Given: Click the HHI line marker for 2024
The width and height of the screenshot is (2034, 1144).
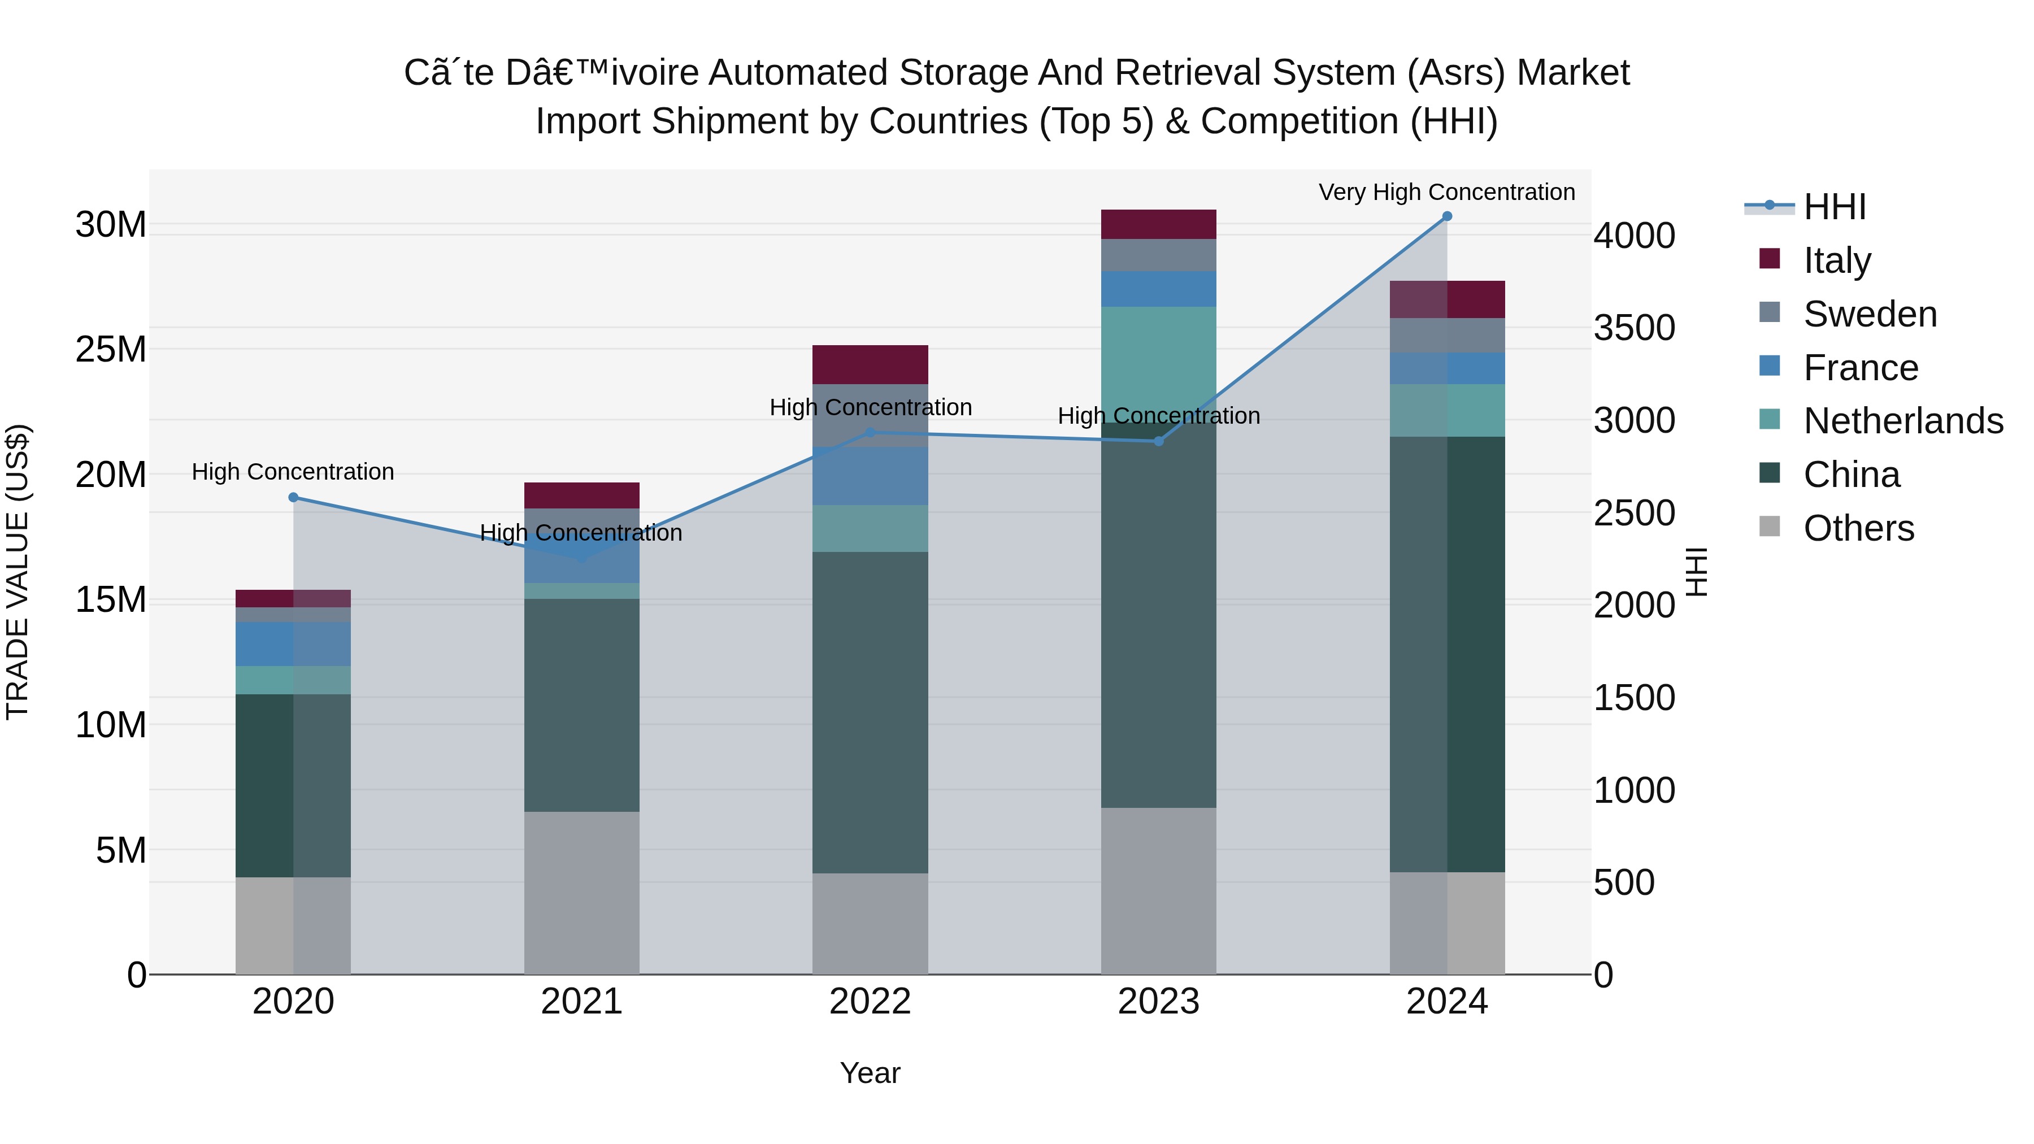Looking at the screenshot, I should coord(1446,216).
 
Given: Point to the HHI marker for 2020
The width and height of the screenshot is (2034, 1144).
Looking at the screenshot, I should coord(293,497).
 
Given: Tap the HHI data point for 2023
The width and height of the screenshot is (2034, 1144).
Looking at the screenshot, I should coord(1158,441).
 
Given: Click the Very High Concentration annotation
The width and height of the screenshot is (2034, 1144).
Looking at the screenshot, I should coord(1446,192).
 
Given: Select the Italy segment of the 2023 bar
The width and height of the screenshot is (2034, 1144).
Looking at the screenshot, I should coord(1158,224).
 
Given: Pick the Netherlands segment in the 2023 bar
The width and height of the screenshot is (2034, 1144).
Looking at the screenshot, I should coord(1158,364).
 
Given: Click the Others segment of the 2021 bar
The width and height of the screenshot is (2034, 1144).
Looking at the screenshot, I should coord(582,892).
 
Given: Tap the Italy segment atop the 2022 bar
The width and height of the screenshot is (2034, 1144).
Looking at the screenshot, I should coord(870,365).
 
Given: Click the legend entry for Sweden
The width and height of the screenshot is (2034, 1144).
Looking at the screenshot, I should coord(1870,314).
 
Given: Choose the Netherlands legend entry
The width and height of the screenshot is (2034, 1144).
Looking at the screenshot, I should coord(1903,421).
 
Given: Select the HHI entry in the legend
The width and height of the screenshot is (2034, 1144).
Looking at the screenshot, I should coord(1834,207).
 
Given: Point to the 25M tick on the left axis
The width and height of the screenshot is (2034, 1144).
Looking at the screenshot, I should coord(111,349).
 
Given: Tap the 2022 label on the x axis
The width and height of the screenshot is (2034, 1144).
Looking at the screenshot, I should coord(870,1002).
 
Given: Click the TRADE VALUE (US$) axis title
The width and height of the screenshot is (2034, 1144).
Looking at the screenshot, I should coord(18,572).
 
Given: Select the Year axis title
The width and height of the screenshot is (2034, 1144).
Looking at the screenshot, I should coord(870,1073).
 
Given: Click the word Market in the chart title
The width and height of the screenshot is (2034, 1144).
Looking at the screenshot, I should coord(1573,73).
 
